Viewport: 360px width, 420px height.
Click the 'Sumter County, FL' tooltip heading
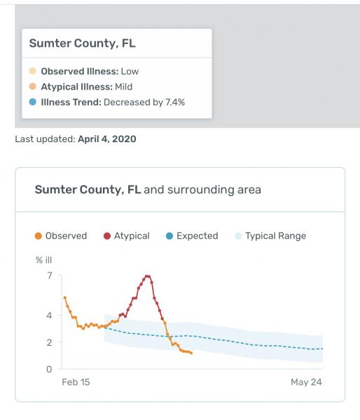point(82,43)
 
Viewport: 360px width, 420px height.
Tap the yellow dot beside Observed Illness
point(33,71)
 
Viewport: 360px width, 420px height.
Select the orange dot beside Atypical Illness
point(33,87)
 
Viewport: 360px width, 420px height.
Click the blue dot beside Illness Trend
point(33,102)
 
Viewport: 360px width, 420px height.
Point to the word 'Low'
point(130,71)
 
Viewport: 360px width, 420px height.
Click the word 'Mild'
point(123,87)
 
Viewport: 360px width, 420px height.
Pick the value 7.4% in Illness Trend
point(175,102)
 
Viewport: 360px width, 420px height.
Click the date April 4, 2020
point(107,139)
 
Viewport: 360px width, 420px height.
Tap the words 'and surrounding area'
point(202,190)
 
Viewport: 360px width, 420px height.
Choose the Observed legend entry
point(61,236)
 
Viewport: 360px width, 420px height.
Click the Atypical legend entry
point(127,236)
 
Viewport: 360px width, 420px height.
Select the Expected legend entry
point(192,236)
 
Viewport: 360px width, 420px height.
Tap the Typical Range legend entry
point(270,236)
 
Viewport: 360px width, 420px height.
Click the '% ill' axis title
point(43,260)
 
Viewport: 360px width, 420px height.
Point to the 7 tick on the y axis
point(50,275)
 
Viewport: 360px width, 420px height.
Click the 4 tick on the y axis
point(49,316)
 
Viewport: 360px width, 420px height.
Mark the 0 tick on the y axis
point(49,369)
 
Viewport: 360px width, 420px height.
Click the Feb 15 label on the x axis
point(76,382)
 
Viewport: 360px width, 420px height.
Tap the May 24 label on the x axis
point(306,382)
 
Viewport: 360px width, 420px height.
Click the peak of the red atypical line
point(147,276)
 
